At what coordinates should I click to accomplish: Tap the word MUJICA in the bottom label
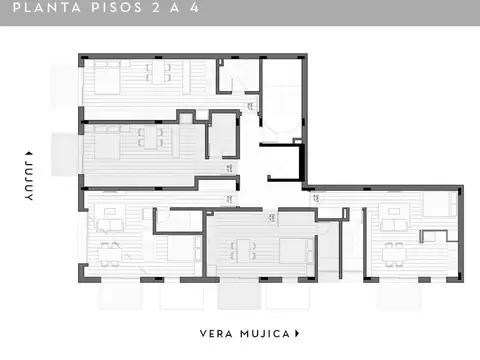coord(264,333)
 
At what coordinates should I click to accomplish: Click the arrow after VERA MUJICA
coord(298,333)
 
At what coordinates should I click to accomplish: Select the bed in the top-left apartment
coord(107,78)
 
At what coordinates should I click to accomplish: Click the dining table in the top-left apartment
coord(157,74)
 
